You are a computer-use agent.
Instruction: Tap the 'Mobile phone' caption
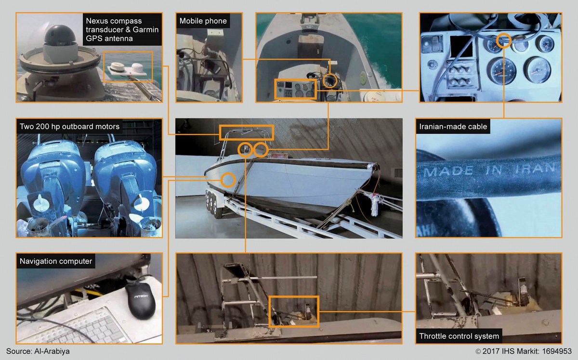203,21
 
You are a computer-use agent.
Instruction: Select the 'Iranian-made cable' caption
453,127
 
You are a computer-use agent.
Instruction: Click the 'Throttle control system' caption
459,336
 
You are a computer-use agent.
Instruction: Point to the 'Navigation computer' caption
56,261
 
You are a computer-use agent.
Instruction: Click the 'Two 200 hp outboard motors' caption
69,127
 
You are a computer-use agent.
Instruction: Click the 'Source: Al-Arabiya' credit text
38,351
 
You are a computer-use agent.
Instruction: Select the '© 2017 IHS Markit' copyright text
507,351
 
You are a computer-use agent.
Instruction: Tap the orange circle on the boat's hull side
228,180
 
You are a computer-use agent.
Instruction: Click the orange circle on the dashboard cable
504,40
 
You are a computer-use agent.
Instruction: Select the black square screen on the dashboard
461,46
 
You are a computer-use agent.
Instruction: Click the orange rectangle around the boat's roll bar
247,126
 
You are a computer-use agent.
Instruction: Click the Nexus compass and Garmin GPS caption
122,29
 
